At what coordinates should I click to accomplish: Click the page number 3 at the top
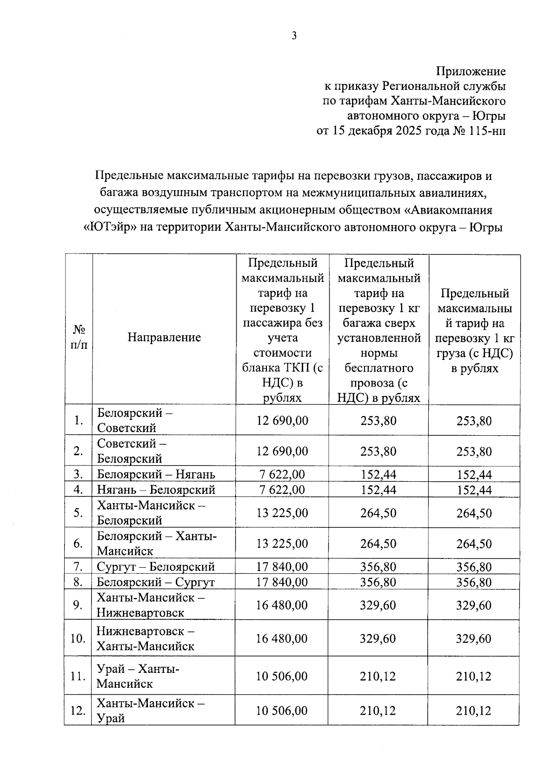click(x=294, y=36)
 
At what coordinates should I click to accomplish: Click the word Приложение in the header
click(x=471, y=71)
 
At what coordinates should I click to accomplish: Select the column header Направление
click(x=164, y=337)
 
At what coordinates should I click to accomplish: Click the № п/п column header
click(x=79, y=337)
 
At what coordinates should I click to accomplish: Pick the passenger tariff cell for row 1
click(x=282, y=420)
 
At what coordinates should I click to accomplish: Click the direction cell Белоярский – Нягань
click(x=156, y=474)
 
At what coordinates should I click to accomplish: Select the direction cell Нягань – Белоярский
click(x=156, y=490)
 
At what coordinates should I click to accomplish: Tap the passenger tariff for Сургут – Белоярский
click(x=282, y=567)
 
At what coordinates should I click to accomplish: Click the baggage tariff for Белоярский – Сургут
click(x=378, y=582)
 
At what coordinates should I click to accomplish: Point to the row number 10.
click(x=78, y=638)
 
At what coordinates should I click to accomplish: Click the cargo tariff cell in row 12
click(x=473, y=711)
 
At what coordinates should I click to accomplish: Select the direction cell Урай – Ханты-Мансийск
click(x=138, y=676)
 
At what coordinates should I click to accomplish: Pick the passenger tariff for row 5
click(x=282, y=513)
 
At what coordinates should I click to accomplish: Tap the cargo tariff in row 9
click(x=473, y=605)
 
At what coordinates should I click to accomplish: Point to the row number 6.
click(x=78, y=544)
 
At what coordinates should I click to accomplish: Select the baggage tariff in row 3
click(x=378, y=474)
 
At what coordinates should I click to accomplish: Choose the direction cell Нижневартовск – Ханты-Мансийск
click(x=146, y=638)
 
